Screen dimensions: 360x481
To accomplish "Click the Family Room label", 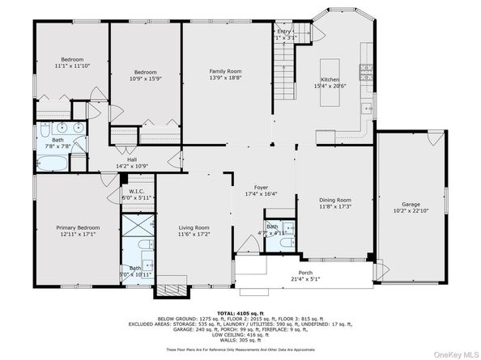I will [x=226, y=72].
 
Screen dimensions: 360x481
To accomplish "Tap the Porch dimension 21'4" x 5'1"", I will [x=305, y=278].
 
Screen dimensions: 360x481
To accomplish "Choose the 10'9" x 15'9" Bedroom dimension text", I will [x=145, y=78].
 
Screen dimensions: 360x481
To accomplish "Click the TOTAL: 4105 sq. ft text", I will [x=240, y=312].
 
